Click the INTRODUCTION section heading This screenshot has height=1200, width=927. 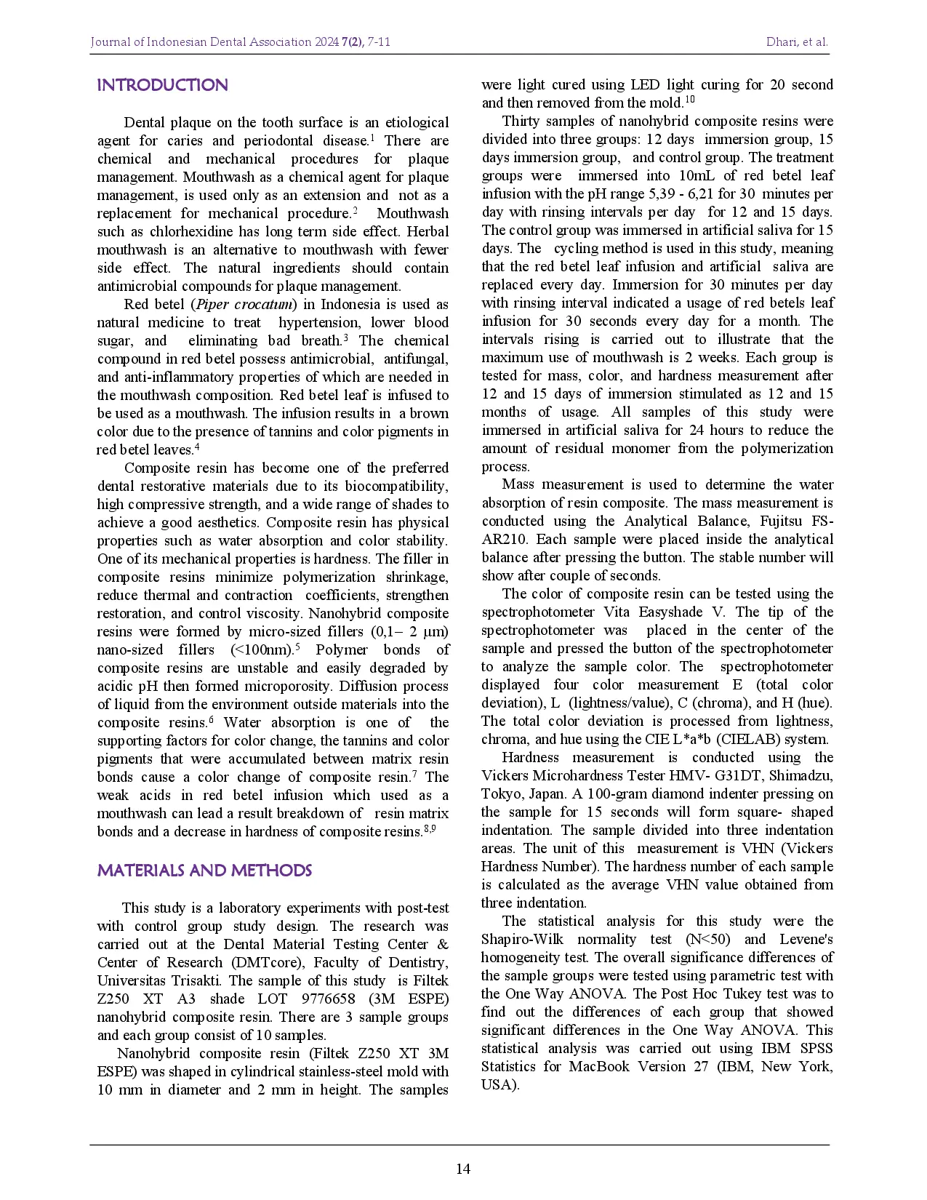pos(162,85)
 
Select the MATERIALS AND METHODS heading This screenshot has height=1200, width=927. pos(204,871)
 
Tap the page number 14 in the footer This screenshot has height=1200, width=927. pos(463,1169)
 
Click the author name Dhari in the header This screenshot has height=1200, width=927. pos(781,42)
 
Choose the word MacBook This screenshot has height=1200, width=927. pos(600,1066)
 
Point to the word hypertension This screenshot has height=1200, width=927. pos(320,322)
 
